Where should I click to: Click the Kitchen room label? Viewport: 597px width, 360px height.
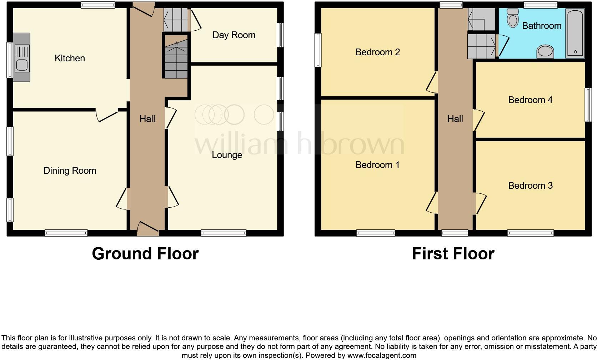(70, 58)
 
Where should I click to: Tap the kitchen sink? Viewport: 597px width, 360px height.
(22, 57)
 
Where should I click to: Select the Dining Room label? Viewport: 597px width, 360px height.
(70, 171)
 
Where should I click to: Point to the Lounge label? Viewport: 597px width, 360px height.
(227, 155)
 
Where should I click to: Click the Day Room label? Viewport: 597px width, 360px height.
(234, 35)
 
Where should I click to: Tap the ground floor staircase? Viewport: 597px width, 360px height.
(176, 57)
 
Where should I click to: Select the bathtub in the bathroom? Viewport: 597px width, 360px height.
(575, 33)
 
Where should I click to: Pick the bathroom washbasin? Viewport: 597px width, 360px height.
(545, 52)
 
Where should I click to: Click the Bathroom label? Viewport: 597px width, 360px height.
(541, 26)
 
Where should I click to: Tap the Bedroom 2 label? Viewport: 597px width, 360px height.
(377, 52)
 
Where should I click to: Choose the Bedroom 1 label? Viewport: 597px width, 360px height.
(377, 165)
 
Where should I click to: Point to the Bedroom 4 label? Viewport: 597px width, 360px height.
(530, 100)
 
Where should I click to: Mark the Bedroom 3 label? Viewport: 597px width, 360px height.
(530, 186)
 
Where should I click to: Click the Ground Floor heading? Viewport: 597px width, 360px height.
(145, 254)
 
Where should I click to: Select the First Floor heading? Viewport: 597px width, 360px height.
(453, 254)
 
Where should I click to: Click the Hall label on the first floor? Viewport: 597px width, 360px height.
(455, 119)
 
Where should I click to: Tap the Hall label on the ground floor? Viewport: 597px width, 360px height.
(147, 119)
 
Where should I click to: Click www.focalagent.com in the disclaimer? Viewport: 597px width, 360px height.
(382, 355)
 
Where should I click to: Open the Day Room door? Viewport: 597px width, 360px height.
(195, 21)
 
